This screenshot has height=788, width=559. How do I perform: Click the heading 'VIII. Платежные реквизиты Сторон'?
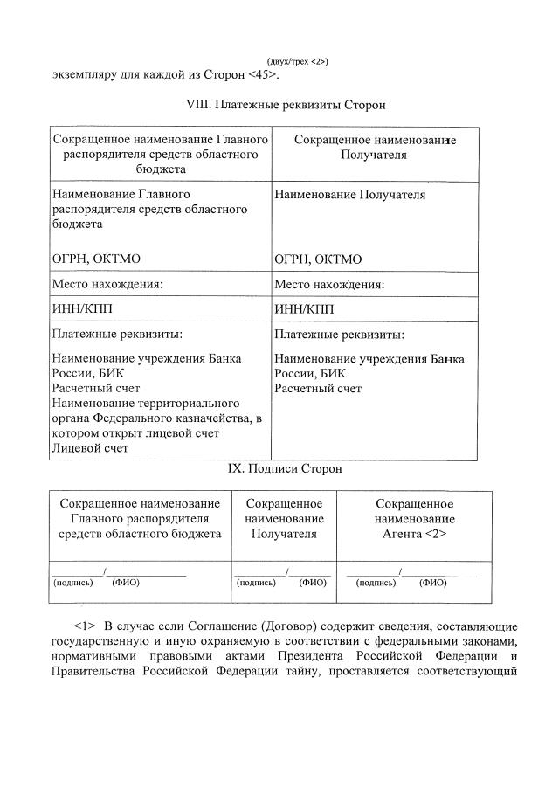[x=286, y=104]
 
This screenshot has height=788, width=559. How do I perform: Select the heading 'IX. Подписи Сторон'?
[x=285, y=469]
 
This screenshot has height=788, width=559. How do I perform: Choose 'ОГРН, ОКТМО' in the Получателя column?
[x=318, y=259]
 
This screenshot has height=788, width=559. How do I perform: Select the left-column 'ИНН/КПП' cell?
[x=82, y=309]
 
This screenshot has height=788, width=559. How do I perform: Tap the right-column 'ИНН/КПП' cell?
[x=304, y=309]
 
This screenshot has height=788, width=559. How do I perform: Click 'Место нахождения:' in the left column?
[x=108, y=284]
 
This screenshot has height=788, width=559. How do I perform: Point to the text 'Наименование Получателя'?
[x=349, y=195]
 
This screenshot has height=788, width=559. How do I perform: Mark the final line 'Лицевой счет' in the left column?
[x=90, y=448]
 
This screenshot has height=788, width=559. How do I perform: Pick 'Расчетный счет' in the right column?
[x=318, y=389]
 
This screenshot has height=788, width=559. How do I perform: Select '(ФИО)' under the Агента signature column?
[x=433, y=582]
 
